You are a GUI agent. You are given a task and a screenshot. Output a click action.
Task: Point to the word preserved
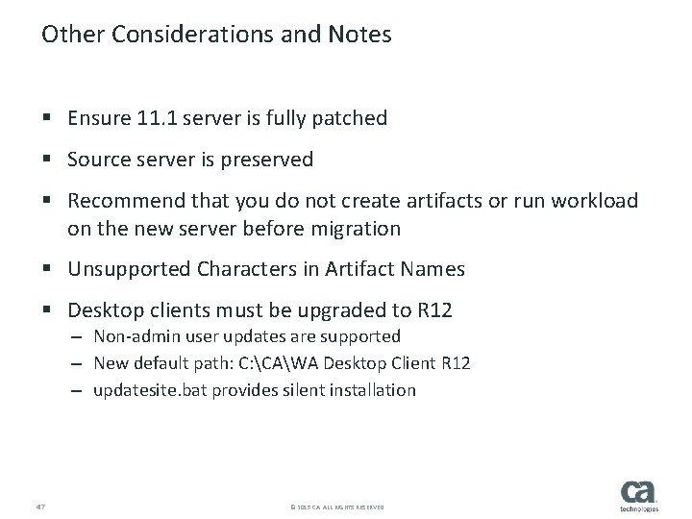click(266, 160)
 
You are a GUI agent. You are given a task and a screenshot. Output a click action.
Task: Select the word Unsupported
click(128, 270)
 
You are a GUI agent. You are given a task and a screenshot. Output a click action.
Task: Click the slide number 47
click(39, 505)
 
